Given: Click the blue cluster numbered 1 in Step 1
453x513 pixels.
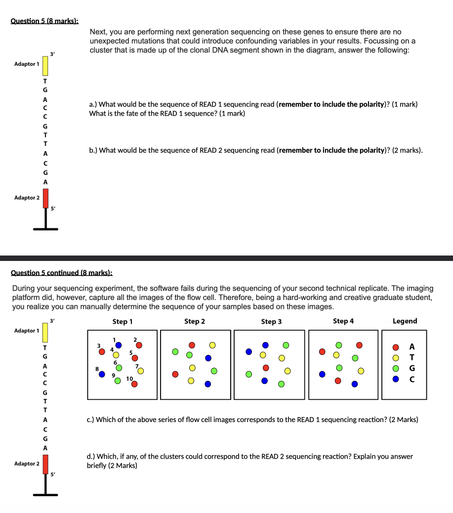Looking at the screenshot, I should point(119,345).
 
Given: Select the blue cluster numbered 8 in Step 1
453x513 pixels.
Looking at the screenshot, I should point(102,375).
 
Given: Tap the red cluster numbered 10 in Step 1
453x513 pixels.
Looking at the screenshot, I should point(134,384).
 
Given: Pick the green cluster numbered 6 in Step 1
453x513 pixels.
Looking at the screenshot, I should point(119,368).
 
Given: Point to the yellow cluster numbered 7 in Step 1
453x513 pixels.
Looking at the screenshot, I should point(141,371).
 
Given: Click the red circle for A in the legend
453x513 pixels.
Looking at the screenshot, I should point(396,346).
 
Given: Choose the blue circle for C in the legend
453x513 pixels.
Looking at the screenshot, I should point(396,380).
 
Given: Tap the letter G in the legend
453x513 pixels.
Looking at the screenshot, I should point(412,368).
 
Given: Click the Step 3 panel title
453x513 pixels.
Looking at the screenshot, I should point(271,322).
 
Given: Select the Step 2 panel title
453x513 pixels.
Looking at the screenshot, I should point(195,321).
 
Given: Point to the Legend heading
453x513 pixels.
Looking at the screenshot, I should point(405,321).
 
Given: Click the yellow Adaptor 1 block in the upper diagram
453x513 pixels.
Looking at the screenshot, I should point(45,64).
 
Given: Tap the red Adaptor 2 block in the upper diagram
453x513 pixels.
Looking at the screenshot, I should point(45,198).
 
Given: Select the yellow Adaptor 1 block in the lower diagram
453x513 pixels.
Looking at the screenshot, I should point(45,331).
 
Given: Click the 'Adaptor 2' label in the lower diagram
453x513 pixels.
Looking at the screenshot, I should point(27,464).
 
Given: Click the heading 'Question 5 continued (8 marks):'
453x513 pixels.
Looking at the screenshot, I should point(62,272).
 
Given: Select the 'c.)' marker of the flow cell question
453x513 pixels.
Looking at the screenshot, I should point(90,420).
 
